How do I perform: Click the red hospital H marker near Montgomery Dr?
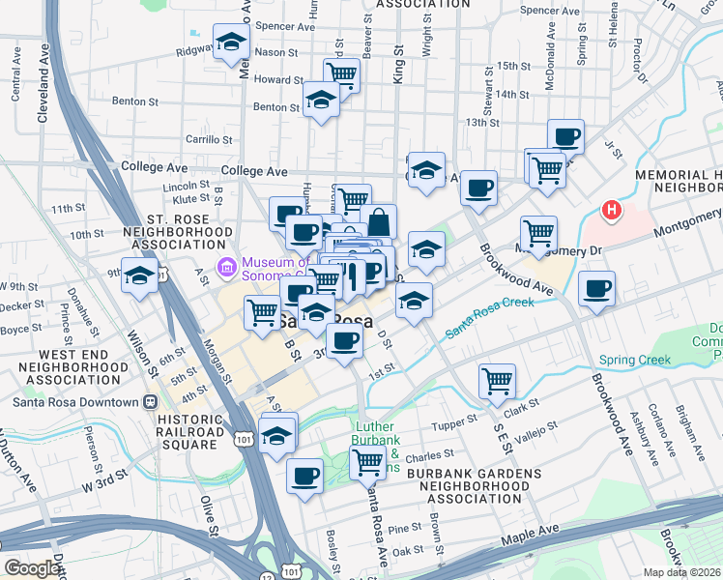point(611,210)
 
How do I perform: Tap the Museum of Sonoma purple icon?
point(227,266)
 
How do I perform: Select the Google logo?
point(33,568)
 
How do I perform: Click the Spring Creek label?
point(634,361)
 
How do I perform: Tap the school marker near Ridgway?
point(231,41)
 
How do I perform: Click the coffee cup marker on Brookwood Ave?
point(596,287)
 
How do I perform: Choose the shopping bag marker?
point(379,221)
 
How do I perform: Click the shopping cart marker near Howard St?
point(342,73)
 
